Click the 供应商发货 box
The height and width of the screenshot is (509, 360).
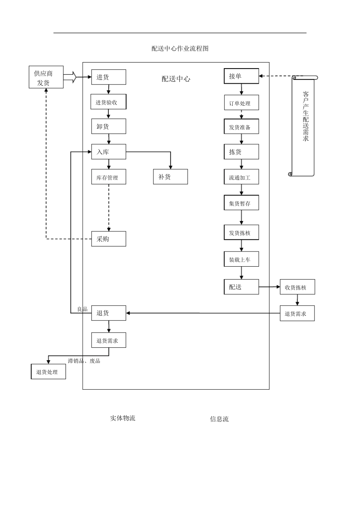click(x=46, y=77)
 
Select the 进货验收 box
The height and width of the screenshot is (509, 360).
click(x=108, y=102)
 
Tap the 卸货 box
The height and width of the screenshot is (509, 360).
click(x=108, y=126)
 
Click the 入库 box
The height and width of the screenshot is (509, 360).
click(x=108, y=152)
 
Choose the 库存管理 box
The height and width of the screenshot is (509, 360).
click(x=108, y=177)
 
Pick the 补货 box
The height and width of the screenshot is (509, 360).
click(x=170, y=177)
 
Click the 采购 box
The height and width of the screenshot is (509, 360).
click(x=108, y=239)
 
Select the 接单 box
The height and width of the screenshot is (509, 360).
click(x=241, y=76)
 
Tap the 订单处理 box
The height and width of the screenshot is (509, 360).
click(x=241, y=103)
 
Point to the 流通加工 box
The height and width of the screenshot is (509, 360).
click(x=241, y=177)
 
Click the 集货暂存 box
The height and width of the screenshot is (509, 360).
click(x=241, y=203)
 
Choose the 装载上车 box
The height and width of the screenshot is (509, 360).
click(x=241, y=259)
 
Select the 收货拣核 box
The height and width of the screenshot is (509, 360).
click(x=297, y=287)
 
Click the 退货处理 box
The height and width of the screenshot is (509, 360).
click(x=48, y=372)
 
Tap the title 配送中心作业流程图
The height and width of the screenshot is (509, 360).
click(x=180, y=48)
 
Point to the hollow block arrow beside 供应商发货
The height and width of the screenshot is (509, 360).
click(x=70, y=77)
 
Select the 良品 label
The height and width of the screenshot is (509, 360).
click(x=82, y=309)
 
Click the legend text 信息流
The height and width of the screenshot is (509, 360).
click(x=219, y=419)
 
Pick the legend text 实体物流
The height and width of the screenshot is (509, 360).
click(x=122, y=418)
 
